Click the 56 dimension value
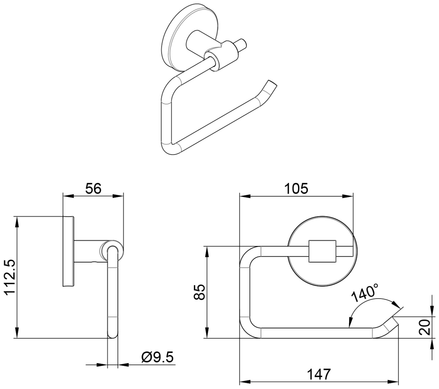coord(93,188)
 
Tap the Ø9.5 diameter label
coord(157,357)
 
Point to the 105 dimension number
coord(296,189)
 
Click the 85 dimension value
coord(199,292)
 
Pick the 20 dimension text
coord(424,327)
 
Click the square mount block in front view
coord(322,251)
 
